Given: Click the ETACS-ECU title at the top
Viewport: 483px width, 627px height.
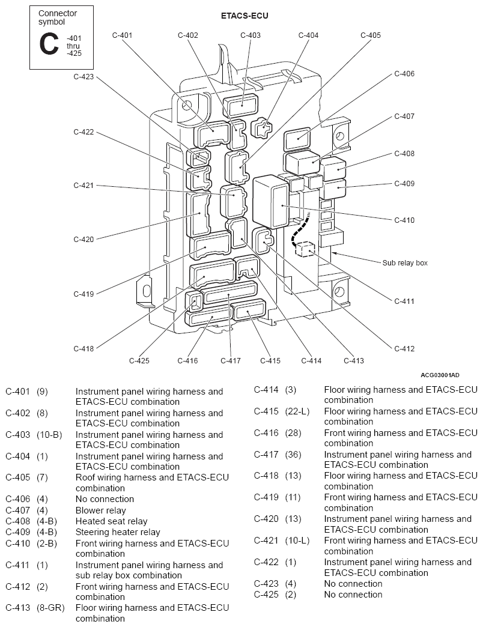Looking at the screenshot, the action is point(245,16).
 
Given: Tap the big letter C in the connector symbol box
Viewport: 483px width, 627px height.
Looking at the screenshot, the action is point(49,44).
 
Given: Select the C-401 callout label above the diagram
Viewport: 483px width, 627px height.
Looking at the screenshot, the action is point(122,35).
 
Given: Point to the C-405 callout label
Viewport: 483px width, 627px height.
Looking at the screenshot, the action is point(371,35).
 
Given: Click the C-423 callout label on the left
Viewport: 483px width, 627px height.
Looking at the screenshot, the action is point(84,77).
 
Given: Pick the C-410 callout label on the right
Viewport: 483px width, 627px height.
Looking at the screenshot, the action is point(404,220).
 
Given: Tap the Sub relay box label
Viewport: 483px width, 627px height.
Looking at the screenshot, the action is point(405,262).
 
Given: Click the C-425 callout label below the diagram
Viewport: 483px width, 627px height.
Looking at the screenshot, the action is point(139,361).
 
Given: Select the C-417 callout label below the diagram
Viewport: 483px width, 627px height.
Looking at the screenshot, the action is point(231,361).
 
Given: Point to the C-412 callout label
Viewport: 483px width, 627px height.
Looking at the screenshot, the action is point(404,349).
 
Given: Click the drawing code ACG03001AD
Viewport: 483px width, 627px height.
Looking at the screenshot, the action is point(440,375).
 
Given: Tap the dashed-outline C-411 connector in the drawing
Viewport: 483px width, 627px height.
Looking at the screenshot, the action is point(305,249).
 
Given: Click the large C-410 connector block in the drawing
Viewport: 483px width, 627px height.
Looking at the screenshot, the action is point(271,202).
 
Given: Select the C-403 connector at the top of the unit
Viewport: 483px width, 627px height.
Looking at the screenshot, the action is point(241,106).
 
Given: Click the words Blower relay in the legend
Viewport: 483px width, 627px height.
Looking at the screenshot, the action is point(101,510).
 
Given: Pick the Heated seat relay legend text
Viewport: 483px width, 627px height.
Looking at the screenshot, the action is point(112,521).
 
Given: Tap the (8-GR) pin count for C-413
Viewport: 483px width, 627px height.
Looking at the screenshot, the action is point(50,608).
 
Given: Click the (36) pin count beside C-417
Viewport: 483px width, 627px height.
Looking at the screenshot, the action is point(293,455).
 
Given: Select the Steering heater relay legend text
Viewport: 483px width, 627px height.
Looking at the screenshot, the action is point(118,532).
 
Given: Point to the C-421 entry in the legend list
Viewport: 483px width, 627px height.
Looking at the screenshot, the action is point(266,541).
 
